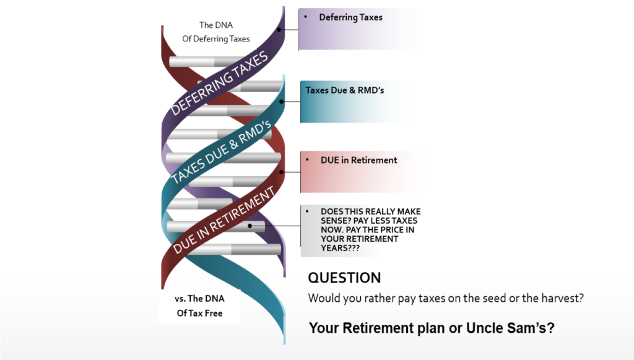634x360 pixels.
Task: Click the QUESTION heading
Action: (x=344, y=278)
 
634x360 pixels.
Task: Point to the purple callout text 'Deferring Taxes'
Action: (x=350, y=17)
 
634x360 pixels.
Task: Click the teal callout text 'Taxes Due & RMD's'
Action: (x=344, y=90)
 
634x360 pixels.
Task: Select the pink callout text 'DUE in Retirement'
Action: (x=358, y=160)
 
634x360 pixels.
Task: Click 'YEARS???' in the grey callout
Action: (x=340, y=248)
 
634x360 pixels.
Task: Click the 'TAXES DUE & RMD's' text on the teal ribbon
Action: (x=221, y=152)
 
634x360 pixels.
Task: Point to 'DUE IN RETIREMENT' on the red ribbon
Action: (x=224, y=220)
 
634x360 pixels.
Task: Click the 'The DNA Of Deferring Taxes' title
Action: (x=216, y=32)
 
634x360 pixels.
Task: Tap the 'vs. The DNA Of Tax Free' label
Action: (x=199, y=306)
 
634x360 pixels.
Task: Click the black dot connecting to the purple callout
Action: (x=279, y=30)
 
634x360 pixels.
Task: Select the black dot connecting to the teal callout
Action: (x=282, y=102)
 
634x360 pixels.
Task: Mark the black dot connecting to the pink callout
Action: (x=282, y=172)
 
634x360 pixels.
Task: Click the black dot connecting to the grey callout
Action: (x=250, y=226)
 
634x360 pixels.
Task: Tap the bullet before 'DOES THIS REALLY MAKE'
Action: (x=307, y=211)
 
